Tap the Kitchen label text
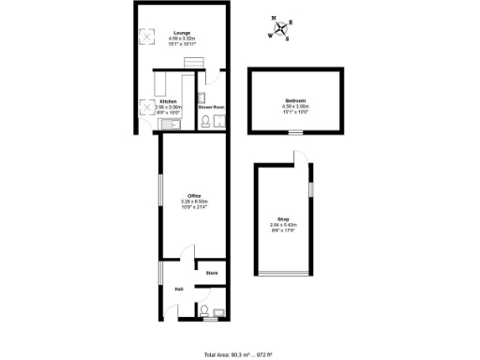tap(168, 101)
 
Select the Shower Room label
tap(212, 107)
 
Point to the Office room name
tap(194, 195)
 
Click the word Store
tap(212, 273)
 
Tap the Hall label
tap(178, 289)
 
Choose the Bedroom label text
tap(294, 101)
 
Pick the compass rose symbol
tap(279, 28)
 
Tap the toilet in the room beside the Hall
tap(204, 310)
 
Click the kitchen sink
tap(146, 123)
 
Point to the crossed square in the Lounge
tap(146, 37)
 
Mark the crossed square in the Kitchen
tap(146, 105)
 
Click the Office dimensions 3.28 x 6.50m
tap(194, 202)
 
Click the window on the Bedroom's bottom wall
tap(295, 134)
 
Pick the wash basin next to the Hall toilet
tap(219, 312)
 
